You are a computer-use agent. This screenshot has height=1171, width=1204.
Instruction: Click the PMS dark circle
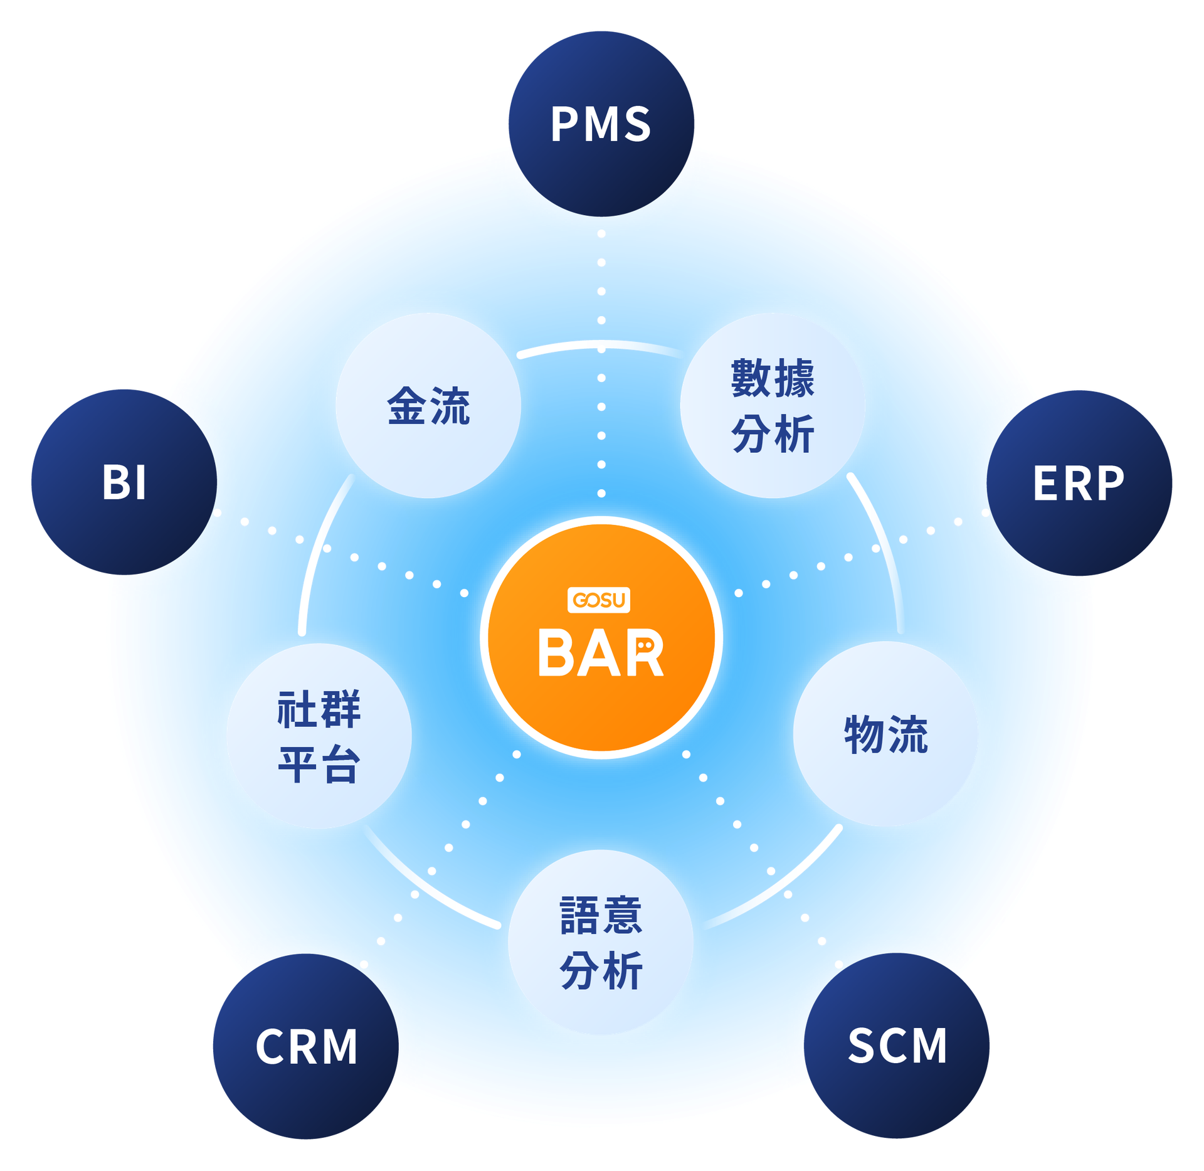[x=601, y=124]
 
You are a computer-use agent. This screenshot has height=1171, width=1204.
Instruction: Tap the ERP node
[x=1079, y=482]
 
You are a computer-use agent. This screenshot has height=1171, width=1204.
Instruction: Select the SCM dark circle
[x=896, y=1046]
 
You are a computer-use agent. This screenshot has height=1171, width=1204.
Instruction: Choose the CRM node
[x=306, y=1046]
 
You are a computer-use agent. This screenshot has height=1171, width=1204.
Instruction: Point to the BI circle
[x=124, y=482]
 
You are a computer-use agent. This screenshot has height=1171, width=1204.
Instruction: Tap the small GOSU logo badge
[x=599, y=600]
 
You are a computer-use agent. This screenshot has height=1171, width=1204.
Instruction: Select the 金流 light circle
[x=428, y=406]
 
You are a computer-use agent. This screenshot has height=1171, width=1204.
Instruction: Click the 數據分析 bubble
[x=773, y=406]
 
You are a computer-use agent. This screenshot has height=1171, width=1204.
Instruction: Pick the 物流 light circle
[x=885, y=734]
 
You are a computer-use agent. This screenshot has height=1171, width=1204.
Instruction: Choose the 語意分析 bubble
[x=601, y=943]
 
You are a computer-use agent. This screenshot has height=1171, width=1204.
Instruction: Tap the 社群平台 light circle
[x=319, y=736]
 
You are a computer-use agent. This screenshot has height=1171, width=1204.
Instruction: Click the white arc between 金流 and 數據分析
[x=601, y=344]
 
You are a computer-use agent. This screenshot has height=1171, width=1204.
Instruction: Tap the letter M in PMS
[x=601, y=124]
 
